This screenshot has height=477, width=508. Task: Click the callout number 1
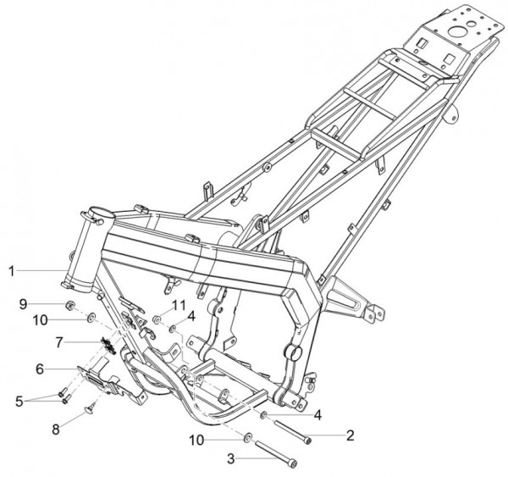[12, 271]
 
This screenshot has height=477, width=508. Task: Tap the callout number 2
[350, 435]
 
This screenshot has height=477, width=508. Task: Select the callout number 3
[230, 459]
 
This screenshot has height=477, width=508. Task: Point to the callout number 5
[19, 402]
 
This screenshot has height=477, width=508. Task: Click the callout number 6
[40, 369]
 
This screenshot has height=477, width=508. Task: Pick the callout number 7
[59, 342]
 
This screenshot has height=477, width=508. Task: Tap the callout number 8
[56, 430]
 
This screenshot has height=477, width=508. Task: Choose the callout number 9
[23, 304]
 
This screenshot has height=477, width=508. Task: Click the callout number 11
[179, 305]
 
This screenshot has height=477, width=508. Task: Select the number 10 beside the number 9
[40, 320]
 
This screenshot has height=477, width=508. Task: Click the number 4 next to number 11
[191, 316]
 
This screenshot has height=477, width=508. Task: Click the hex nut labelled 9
[70, 304]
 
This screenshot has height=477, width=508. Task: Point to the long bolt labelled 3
[276, 454]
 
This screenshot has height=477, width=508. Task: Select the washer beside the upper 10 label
[91, 317]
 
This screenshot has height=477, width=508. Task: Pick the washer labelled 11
[157, 319]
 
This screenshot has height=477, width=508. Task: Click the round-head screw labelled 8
[90, 408]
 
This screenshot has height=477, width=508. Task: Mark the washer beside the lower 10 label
[248, 438]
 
